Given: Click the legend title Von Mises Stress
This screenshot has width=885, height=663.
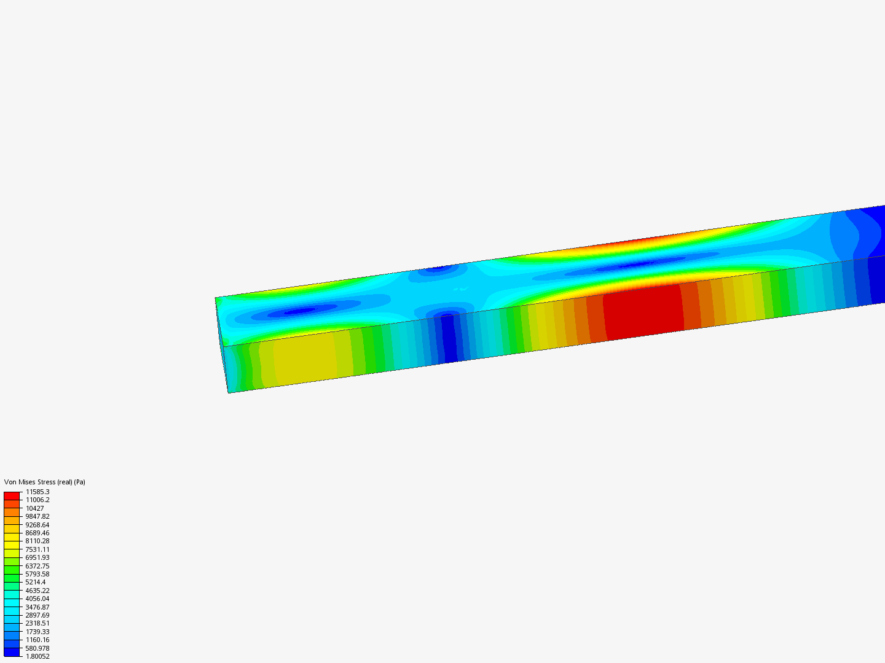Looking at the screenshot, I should coord(44,482).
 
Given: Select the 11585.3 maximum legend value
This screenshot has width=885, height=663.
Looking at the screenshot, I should coord(37,492).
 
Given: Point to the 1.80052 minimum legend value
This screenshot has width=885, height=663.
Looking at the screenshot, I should coord(37,656).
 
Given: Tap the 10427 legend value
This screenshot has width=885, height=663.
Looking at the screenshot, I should coord(34,508).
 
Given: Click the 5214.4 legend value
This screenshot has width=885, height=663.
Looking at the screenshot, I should coord(35,582).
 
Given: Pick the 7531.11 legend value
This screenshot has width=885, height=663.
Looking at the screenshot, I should coord(37,549).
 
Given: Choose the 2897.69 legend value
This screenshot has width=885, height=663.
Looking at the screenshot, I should coord(37,615).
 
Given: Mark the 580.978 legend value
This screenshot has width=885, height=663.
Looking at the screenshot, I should coord(37,648).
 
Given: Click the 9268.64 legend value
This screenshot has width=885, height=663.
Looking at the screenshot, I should coord(37,525).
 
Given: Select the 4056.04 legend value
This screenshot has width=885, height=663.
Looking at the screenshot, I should coord(37,599).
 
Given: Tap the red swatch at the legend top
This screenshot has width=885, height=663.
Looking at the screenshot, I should coord(12,495).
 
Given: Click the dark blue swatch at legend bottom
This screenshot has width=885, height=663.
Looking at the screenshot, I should coord(12,652).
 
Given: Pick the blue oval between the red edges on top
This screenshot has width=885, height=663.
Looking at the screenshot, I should coord(636,265).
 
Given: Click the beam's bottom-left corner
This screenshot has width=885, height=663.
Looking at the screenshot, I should coord(229,392).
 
